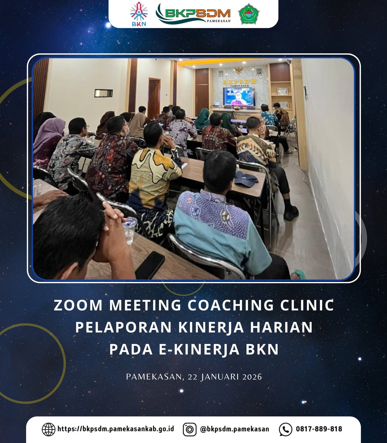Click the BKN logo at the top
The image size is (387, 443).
point(139,14)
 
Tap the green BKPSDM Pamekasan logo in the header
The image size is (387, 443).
point(193,14)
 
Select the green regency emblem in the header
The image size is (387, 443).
point(249,14)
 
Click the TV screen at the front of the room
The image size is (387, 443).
point(239,96)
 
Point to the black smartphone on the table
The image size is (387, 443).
point(150,265)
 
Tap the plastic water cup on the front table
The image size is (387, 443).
point(129,231)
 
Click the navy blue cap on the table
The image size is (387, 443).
point(246,178)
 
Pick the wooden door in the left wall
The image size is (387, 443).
point(154,98)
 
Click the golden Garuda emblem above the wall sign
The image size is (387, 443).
point(239,71)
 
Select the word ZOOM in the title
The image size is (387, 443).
point(78,305)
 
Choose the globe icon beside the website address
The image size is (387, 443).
point(48,429)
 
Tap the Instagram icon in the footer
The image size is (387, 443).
point(190,429)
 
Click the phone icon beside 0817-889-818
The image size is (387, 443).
point(286,429)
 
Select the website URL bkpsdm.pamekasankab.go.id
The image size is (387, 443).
point(116,429)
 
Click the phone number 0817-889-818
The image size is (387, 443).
point(319,429)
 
